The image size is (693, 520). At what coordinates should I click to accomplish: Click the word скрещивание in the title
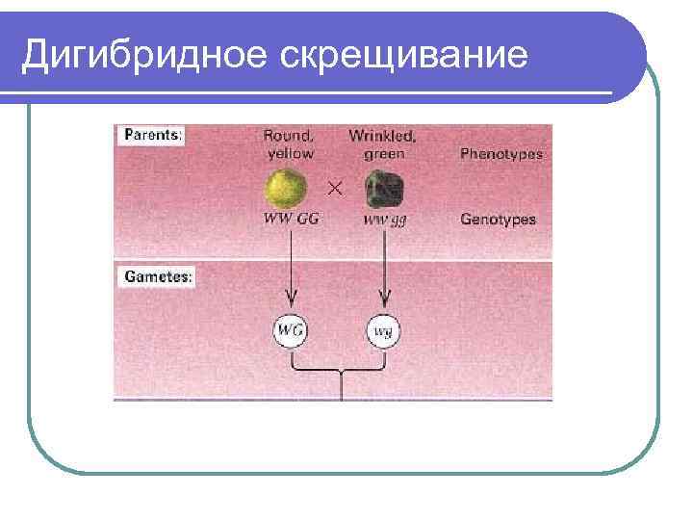[404, 56]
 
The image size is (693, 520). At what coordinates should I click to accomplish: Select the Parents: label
[151, 136]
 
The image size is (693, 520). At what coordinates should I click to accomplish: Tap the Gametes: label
[157, 276]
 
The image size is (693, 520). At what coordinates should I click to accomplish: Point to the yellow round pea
[287, 188]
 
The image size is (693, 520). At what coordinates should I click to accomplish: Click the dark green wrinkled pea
[384, 190]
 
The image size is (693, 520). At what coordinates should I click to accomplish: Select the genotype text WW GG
[292, 220]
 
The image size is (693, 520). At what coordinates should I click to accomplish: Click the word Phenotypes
[500, 154]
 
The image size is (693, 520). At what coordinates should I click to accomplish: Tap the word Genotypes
[498, 220]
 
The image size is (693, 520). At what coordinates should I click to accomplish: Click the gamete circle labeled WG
[291, 331]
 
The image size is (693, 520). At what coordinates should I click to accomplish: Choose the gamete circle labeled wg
[383, 332]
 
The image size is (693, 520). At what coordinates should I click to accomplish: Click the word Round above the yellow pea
[289, 136]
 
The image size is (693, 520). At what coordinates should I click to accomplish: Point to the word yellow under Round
[290, 153]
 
